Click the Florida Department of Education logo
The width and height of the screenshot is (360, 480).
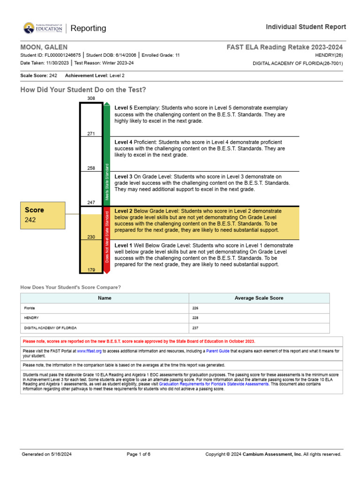point(43,28)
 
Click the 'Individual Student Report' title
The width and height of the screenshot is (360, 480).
point(306,27)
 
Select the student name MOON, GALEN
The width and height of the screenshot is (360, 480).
point(44,47)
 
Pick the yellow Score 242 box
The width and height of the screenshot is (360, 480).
point(43,215)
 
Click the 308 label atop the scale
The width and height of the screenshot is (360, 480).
point(91,98)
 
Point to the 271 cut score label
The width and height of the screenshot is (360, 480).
point(91,134)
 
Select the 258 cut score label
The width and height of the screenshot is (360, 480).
point(91,168)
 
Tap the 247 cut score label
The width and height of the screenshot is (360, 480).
point(91,202)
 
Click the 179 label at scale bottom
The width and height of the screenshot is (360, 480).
point(91,270)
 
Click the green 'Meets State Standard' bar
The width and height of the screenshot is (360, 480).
point(107,155)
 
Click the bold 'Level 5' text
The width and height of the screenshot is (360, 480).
point(124,108)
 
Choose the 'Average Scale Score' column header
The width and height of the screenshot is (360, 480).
point(259,298)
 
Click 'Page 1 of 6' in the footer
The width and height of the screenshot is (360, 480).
point(139,454)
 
